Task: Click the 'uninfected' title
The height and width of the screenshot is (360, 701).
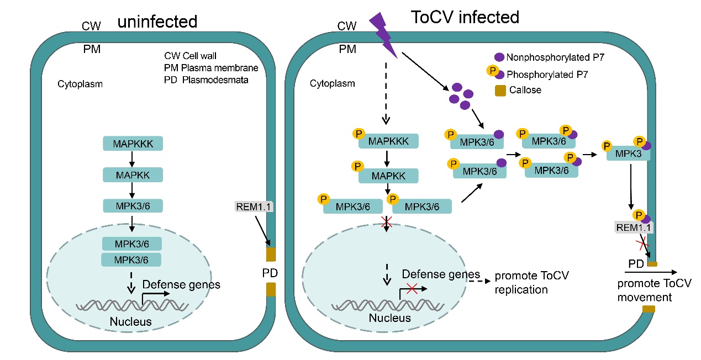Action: coord(157,22)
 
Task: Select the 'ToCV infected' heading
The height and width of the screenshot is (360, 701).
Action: coord(465,17)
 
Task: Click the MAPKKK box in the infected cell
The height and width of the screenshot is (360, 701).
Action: coord(388,141)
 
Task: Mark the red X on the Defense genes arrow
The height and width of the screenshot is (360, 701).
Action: coord(410,287)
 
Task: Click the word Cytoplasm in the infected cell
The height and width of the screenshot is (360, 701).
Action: coord(333,84)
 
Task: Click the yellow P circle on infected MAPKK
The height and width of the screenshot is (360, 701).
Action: coord(357,166)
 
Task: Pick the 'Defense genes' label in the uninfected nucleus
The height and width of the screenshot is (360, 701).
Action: coord(181,285)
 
